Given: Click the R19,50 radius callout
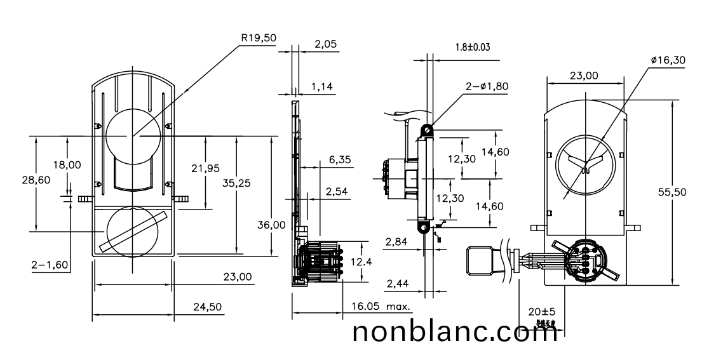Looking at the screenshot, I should (x=259, y=37).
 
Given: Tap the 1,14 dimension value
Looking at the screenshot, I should (x=323, y=87).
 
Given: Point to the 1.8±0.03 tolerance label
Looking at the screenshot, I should (x=472, y=48).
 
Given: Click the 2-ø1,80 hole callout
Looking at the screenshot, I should (x=487, y=86).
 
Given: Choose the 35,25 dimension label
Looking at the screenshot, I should (x=236, y=183).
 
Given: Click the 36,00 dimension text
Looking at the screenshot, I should (x=271, y=224).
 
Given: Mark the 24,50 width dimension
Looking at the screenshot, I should (x=207, y=307).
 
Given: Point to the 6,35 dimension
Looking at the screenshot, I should (x=340, y=161).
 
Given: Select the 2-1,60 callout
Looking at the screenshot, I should (x=51, y=264).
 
